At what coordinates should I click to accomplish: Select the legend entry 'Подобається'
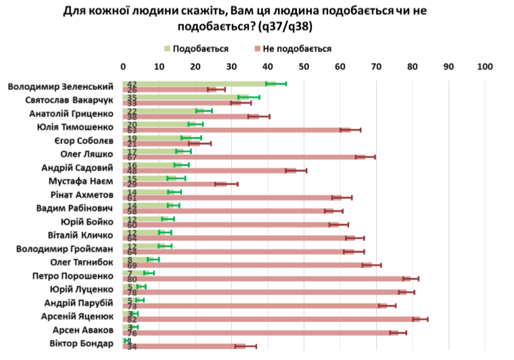(200, 49)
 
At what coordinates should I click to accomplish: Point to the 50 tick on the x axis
(304, 67)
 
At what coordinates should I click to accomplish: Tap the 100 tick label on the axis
(484, 67)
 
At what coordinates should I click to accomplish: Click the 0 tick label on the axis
(123, 67)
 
